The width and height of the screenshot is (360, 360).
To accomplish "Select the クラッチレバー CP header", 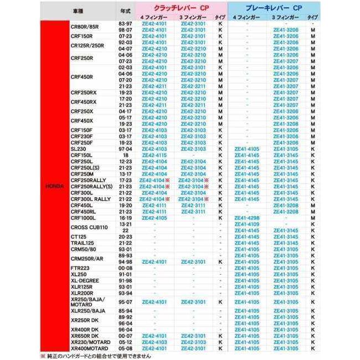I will [x=174, y=10].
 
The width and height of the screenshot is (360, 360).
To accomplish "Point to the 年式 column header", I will [x=125, y=12].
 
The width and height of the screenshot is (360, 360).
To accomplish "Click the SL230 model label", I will [x=79, y=149].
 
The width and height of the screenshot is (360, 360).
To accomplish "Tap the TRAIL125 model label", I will [x=82, y=243].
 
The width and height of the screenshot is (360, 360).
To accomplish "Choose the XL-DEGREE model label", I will [x=85, y=280].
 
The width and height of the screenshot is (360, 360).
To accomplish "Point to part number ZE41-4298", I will [x=246, y=218].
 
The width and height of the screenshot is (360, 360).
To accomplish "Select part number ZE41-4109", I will [x=246, y=224].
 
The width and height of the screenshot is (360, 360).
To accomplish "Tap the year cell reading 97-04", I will [x=125, y=149].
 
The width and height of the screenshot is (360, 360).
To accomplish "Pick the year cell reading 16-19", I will [x=125, y=218].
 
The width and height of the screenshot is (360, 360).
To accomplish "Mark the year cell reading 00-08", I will [x=125, y=268].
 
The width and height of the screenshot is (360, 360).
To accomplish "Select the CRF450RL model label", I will [x=84, y=211].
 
